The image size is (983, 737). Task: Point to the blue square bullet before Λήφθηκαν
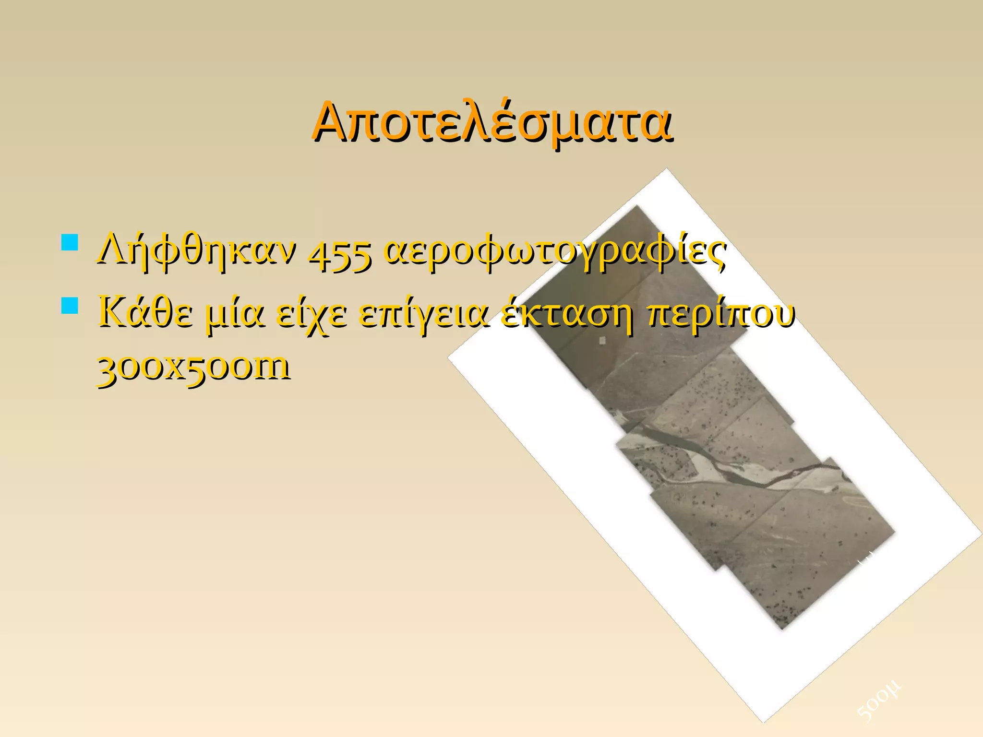click(x=70, y=242)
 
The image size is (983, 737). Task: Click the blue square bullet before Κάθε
click(x=70, y=306)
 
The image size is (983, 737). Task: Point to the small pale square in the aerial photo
click(x=602, y=340)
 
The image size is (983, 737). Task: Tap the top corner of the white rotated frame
click(x=666, y=169)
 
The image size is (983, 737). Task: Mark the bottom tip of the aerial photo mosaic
click(x=782, y=629)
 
